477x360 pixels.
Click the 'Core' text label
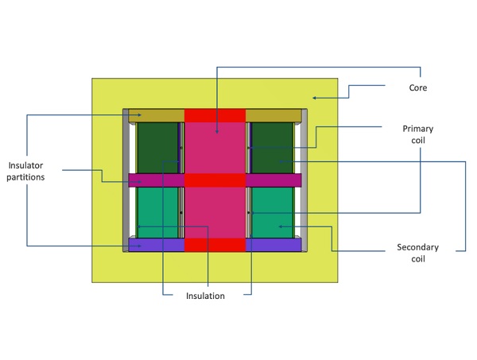tap(417, 87)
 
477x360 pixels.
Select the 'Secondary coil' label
tap(417, 253)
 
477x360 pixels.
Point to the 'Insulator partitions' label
tap(26, 171)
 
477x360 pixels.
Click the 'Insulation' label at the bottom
tap(206, 296)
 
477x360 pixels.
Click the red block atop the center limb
tap(215, 115)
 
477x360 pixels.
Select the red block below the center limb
tap(215, 245)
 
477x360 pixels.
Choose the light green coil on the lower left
tap(157, 211)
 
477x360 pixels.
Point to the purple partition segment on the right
tap(273, 245)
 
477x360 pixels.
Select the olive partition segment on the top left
tap(156, 115)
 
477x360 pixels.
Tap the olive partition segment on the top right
tap(273, 115)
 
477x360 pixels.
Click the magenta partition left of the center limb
tap(156, 180)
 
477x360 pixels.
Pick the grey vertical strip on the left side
tap(126, 180)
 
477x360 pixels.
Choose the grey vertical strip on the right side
tap(304, 180)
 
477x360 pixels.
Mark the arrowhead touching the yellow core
tap(314, 98)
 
